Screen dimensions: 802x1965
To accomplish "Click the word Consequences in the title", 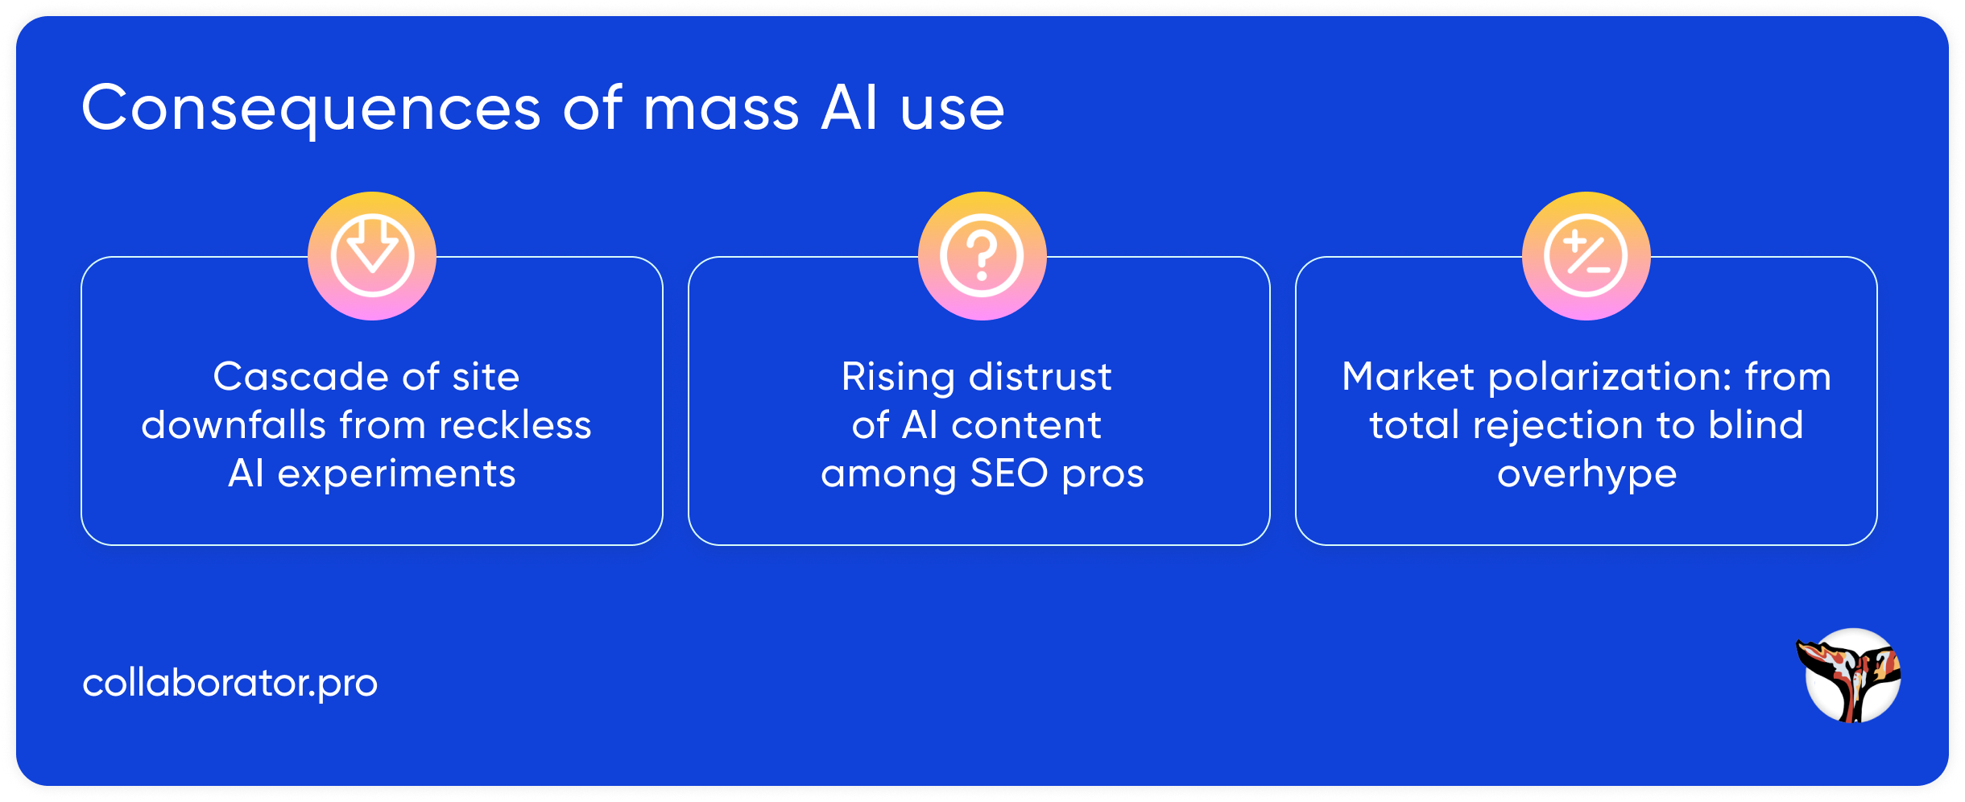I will (x=311, y=109).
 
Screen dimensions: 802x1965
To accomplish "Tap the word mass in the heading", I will (x=721, y=109).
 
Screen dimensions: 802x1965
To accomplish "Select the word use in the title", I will (x=952, y=109).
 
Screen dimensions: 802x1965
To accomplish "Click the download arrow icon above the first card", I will (x=372, y=256).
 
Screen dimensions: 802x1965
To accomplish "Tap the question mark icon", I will (x=982, y=256).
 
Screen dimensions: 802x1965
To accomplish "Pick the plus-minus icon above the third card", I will (x=1586, y=256).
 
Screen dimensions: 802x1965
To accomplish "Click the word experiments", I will (x=396, y=473).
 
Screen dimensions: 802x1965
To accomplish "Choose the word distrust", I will (x=1040, y=377).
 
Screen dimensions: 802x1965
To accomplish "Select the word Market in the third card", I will (x=1408, y=377).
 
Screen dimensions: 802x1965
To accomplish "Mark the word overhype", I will (x=1586, y=473).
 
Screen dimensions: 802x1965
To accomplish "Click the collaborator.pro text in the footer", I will (x=230, y=683).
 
